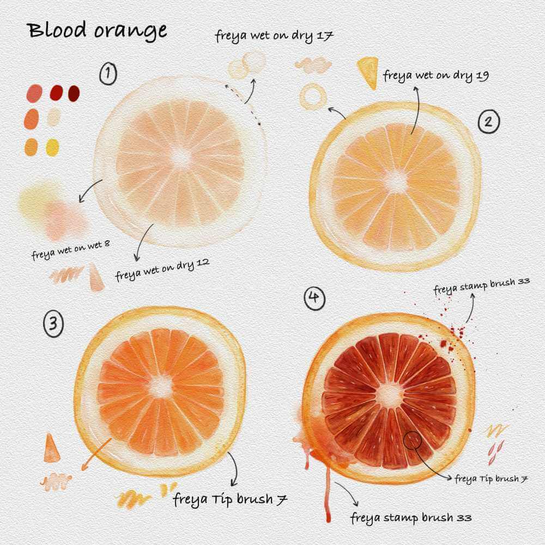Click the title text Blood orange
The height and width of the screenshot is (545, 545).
pyautogui.click(x=98, y=30)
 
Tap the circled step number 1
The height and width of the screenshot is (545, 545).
pyautogui.click(x=108, y=74)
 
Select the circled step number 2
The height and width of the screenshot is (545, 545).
pyautogui.click(x=488, y=122)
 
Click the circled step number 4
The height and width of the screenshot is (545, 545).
pyautogui.click(x=314, y=298)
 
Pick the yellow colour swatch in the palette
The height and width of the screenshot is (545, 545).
pyautogui.click(x=52, y=147)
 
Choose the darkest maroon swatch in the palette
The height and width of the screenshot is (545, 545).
pyautogui.click(x=74, y=94)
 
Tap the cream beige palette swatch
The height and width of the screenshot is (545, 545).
pyautogui.click(x=54, y=117)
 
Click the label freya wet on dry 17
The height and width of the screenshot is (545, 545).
pyautogui.click(x=274, y=36)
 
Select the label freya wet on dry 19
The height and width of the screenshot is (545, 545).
pyautogui.click(x=436, y=76)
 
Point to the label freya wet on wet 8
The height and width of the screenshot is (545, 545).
pyautogui.click(x=71, y=250)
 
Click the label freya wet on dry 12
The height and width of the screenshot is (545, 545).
pyautogui.click(x=162, y=270)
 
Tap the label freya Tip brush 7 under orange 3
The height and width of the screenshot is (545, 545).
pyautogui.click(x=230, y=499)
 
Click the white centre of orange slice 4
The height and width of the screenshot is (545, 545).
pyautogui.click(x=390, y=395)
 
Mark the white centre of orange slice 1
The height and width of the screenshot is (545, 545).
pyautogui.click(x=181, y=158)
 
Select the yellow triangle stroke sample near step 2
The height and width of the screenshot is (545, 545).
pyautogui.click(x=368, y=72)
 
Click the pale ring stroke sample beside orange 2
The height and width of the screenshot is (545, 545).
pyautogui.click(x=313, y=95)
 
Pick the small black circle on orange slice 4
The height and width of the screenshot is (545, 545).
pyautogui.click(x=412, y=440)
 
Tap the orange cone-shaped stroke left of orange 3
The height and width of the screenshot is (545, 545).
pyautogui.click(x=51, y=449)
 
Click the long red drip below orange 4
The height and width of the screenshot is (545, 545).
pyautogui.click(x=328, y=494)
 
